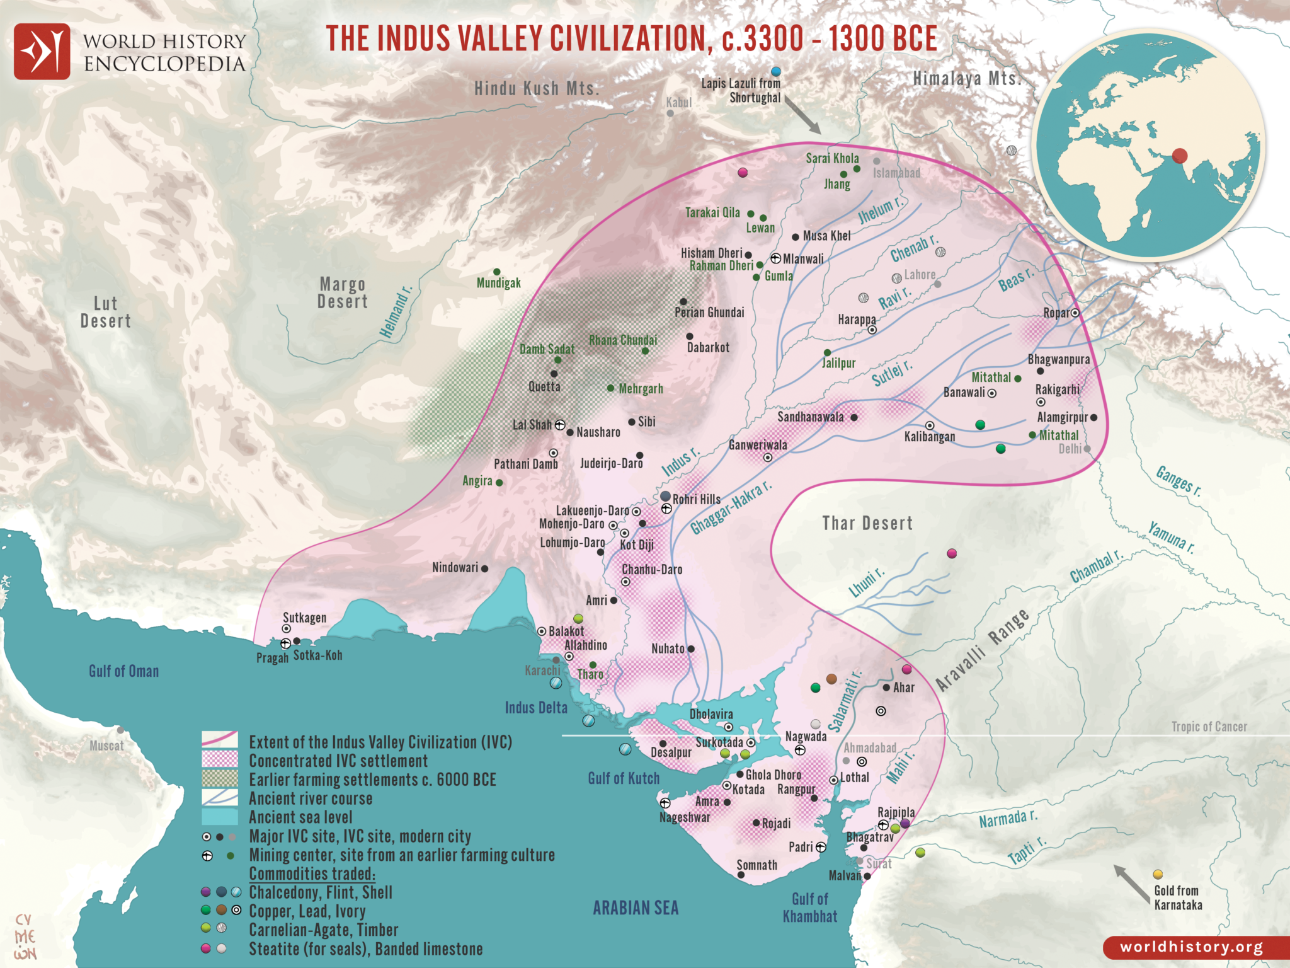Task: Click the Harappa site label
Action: (x=857, y=320)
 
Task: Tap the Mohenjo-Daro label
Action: (x=571, y=524)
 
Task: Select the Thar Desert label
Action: (x=867, y=523)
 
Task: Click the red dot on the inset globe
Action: (x=1180, y=156)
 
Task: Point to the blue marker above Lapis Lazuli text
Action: (x=776, y=72)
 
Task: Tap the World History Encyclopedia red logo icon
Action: (x=42, y=52)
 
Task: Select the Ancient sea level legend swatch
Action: (x=220, y=817)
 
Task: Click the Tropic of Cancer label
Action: (x=1209, y=727)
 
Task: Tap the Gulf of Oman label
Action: (x=123, y=671)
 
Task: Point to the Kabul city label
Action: (x=679, y=103)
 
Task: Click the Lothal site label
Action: (x=855, y=778)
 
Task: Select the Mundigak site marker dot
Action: (x=496, y=272)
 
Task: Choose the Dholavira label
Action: (x=711, y=714)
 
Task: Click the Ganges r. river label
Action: (x=1179, y=481)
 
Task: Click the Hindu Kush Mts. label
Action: (x=537, y=89)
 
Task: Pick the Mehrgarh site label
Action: (x=641, y=389)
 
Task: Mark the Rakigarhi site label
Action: (x=1057, y=389)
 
